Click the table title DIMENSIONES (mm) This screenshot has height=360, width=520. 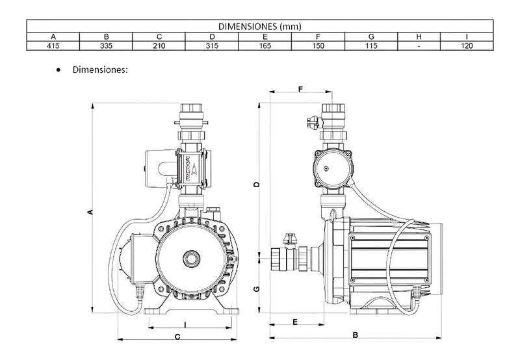coord(259,26)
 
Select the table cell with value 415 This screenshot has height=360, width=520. coord(53,45)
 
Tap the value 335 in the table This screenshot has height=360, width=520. coord(106,45)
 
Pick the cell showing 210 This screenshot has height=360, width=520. coord(159,45)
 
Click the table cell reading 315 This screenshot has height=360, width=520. coord(212,45)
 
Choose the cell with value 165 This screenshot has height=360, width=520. coord(265,45)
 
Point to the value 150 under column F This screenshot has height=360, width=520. coord(318,45)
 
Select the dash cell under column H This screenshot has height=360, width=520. coord(419,46)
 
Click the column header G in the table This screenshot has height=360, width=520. coord(371,36)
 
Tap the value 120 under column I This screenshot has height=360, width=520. coord(467,45)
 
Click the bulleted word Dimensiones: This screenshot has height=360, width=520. coord(100,70)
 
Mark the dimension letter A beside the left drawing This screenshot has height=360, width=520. coord(90,212)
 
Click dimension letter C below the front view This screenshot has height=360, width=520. coord(177,337)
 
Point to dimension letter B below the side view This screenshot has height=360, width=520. coord(355,335)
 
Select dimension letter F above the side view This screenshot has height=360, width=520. coord(300,89)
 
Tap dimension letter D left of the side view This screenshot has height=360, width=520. coord(256,185)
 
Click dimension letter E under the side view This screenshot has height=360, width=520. coord(295,322)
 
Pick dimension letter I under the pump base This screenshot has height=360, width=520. coord(185,324)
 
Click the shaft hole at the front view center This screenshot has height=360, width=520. coord(192,259)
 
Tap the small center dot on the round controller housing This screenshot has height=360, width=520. coord(326,169)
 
